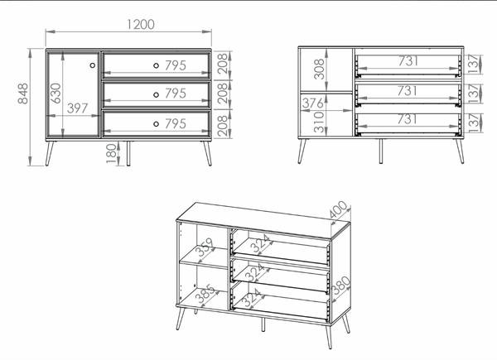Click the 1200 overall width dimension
pyautogui.click(x=141, y=24)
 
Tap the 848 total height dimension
pyautogui.click(x=23, y=94)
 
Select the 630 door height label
pyautogui.click(x=55, y=93)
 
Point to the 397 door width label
pyautogui.click(x=77, y=108)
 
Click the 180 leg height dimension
pyautogui.click(x=111, y=153)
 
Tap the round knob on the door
pyautogui.click(x=93, y=65)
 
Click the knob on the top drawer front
pyautogui.click(x=156, y=65)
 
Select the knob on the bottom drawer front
pyautogui.click(x=156, y=124)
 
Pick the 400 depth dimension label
pyautogui.click(x=339, y=209)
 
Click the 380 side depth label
pyautogui.click(x=341, y=286)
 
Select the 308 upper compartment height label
pyautogui.click(x=319, y=69)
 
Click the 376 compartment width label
pyautogui.click(x=313, y=103)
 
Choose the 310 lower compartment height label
pyautogui.click(x=319, y=122)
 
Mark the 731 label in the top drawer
pyautogui.click(x=408, y=60)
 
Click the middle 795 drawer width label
pyautogui.click(x=176, y=94)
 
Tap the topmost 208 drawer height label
pyautogui.click(x=223, y=64)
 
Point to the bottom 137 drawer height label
pyautogui.click(x=475, y=122)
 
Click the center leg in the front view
pyautogui.click(x=128, y=154)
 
